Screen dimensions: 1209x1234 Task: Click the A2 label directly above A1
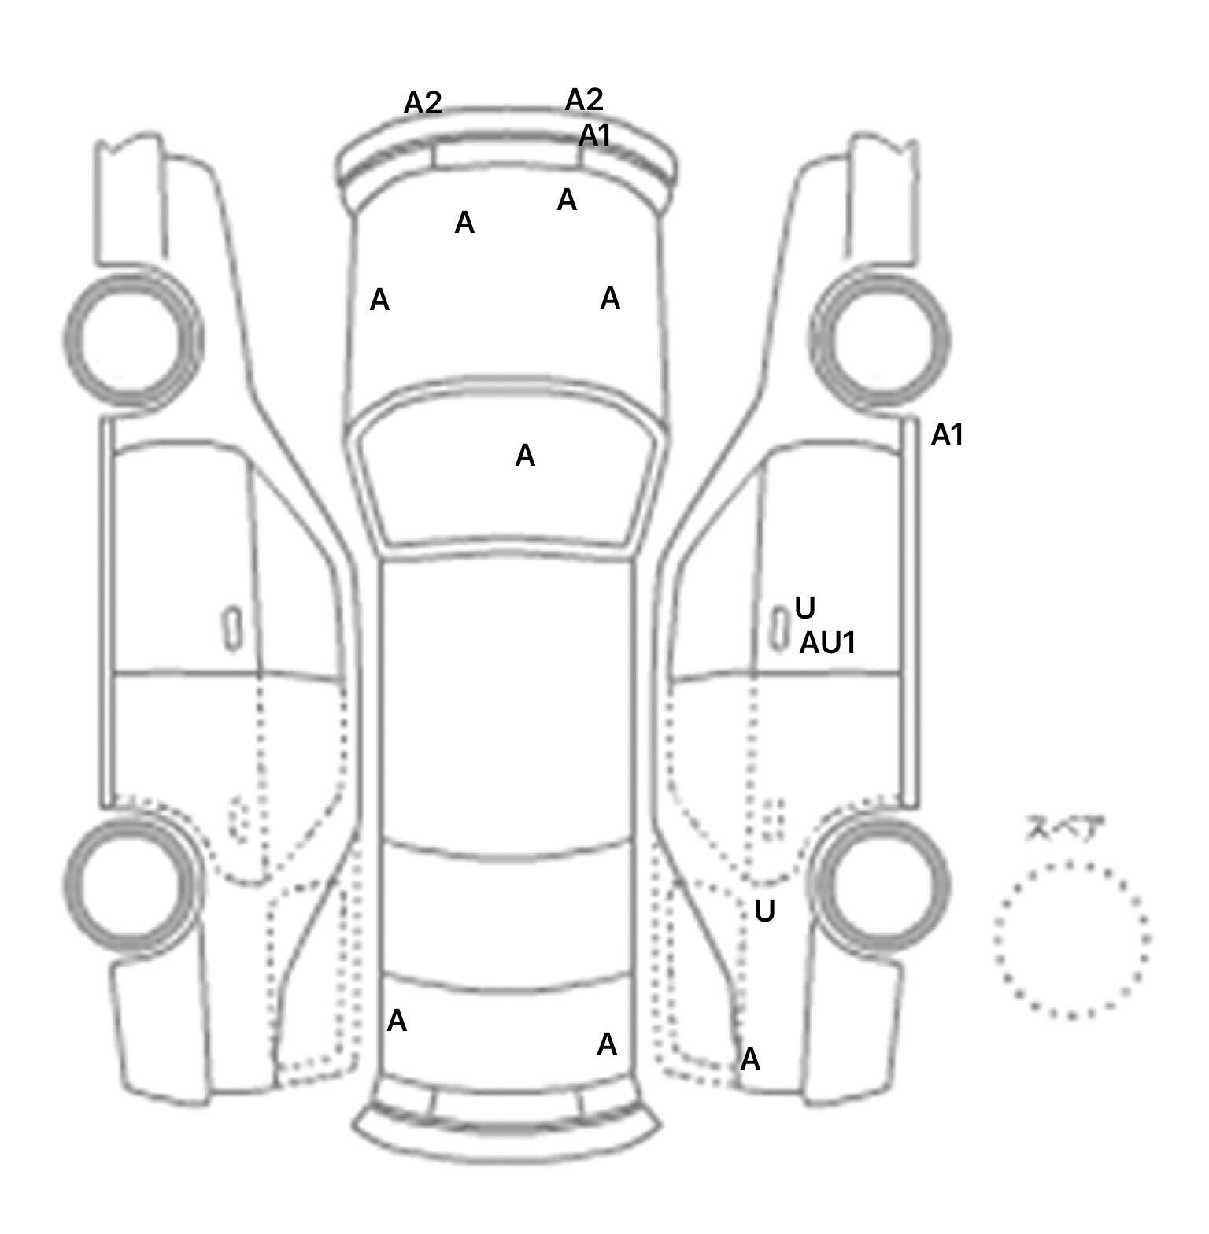584,100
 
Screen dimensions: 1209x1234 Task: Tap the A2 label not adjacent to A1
423,103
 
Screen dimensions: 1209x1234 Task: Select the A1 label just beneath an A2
594,136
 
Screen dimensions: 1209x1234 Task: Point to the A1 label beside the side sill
947,435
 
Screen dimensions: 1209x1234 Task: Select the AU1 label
827,644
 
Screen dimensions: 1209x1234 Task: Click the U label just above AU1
805,608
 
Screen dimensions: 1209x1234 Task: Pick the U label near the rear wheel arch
765,911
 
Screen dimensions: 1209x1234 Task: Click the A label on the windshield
525,456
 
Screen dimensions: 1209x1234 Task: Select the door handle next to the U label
779,630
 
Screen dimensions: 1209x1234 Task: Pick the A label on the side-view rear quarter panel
750,1059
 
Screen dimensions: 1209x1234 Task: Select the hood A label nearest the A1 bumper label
567,201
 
